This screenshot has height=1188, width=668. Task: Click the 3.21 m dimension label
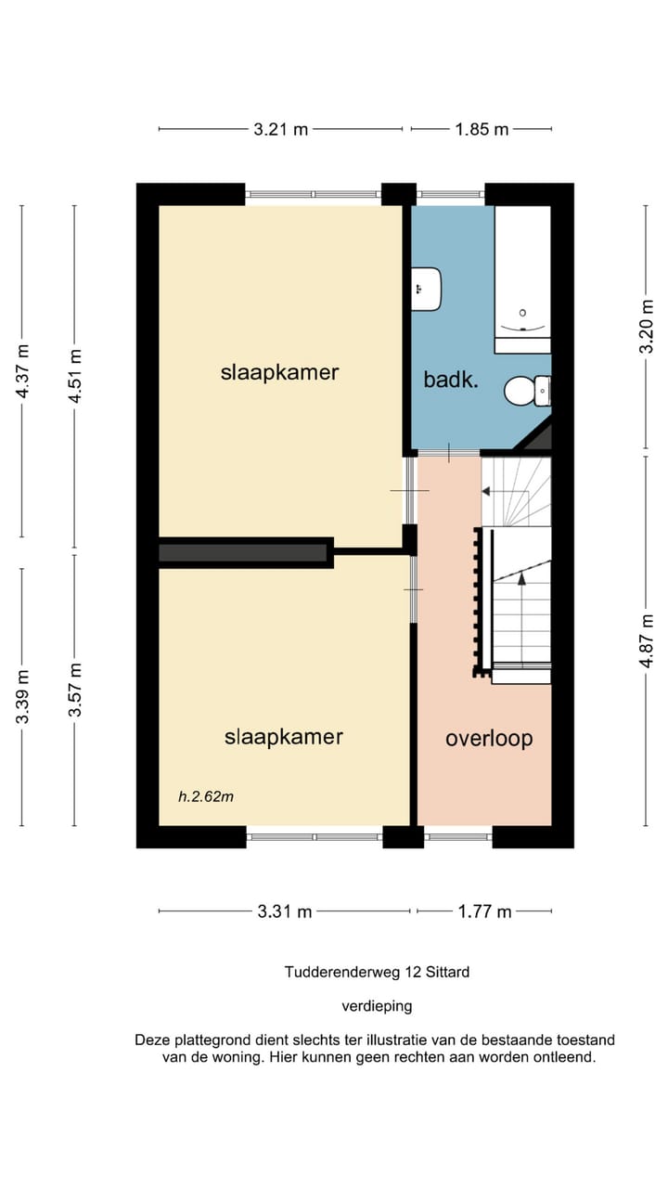[280, 129]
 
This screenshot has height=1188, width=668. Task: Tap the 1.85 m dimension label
[482, 129]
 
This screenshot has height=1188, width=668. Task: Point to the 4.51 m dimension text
[75, 376]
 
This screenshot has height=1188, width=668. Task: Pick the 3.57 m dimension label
[75, 690]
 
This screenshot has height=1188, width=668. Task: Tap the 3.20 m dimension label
[647, 326]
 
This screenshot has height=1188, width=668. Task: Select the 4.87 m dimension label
[647, 640]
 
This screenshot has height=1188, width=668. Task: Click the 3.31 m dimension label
[285, 911]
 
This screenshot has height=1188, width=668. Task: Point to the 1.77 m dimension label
[484, 911]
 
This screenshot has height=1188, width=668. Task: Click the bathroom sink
[427, 289]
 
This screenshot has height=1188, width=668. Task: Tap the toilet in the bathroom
[528, 391]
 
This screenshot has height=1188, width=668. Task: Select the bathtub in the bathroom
[522, 279]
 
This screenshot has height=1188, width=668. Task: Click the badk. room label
[451, 380]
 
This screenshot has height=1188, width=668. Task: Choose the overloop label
[489, 738]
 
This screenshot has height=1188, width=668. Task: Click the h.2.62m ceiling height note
[206, 796]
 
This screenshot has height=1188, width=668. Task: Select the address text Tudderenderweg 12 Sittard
[377, 972]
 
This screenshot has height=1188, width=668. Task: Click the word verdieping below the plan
[377, 1006]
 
